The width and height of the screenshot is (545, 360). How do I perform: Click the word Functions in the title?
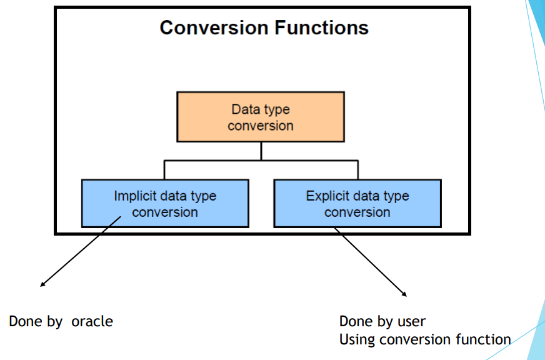point(321,27)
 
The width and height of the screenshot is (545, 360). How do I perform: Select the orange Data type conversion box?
point(261,117)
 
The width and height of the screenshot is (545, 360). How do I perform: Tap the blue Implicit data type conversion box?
point(165,204)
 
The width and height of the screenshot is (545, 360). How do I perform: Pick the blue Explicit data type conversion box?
point(357,204)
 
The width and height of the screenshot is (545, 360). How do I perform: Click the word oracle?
point(92,322)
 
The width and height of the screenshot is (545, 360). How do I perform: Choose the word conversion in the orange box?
point(261,126)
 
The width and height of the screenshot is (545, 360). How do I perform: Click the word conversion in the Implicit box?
point(165,212)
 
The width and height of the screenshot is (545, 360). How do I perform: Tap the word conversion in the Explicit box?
point(357,212)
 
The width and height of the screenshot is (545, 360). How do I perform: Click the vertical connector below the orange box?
point(261,151)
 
